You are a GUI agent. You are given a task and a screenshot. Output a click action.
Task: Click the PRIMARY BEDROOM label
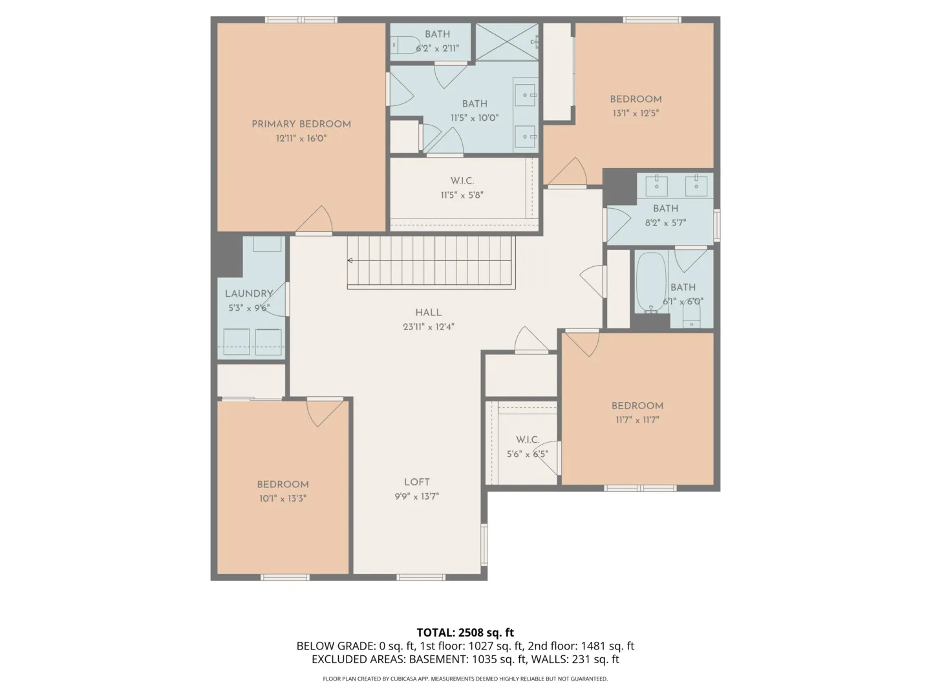(301, 124)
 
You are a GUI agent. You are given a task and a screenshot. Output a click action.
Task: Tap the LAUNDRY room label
(248, 293)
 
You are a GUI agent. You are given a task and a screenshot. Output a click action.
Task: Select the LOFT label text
(416, 482)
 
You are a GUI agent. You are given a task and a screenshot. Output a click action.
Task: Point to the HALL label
(429, 312)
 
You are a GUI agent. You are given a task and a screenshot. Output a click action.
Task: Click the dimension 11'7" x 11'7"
(637, 419)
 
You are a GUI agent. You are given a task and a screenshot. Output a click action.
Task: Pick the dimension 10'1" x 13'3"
(283, 498)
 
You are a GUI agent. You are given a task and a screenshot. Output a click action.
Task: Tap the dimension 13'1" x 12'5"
(636, 113)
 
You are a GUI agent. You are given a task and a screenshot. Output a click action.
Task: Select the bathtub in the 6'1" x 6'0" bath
(650, 282)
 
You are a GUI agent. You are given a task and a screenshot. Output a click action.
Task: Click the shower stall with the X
(507, 42)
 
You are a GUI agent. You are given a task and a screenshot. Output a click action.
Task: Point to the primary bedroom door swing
(314, 220)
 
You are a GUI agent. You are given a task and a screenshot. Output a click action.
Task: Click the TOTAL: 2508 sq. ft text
(465, 632)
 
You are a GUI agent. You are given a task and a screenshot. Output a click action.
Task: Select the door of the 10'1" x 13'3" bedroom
(325, 412)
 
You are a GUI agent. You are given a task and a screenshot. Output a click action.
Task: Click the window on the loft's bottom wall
(421, 577)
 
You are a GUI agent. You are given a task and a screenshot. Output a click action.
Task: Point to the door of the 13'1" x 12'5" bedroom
(568, 172)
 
